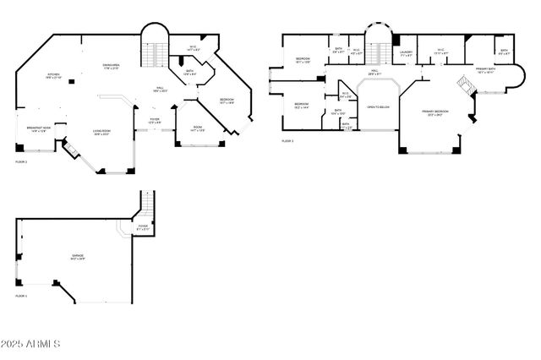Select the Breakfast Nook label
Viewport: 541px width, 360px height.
pos(39,129)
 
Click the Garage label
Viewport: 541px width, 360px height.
pos(77,259)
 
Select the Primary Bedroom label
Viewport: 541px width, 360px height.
pos(436,112)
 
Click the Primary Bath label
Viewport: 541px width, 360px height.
pos(484,71)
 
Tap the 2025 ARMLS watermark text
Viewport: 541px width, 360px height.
pos(31,343)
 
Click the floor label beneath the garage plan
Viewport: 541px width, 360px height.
pos(21,297)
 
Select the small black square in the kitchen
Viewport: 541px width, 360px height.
pos(72,80)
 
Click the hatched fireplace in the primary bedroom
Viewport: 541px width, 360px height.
pos(462,85)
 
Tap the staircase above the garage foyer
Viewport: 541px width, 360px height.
pos(147,204)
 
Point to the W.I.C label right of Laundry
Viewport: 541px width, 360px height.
pos(440,51)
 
